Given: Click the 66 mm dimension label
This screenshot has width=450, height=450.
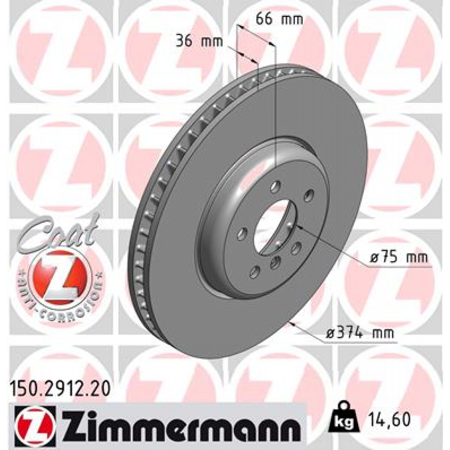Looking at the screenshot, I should coord(279,19).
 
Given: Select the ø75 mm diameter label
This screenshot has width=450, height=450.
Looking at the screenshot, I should coord(399,258).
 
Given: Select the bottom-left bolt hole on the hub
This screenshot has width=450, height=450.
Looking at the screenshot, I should coord(254,273).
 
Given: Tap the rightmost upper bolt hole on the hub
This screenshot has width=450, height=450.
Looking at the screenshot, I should coord(309,195).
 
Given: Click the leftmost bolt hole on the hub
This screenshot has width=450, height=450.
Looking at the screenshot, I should coord(242,234).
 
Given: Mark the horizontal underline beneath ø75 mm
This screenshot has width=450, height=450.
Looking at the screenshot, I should coord(398,266).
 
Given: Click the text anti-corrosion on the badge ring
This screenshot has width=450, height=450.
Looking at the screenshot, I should coord(62,303).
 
